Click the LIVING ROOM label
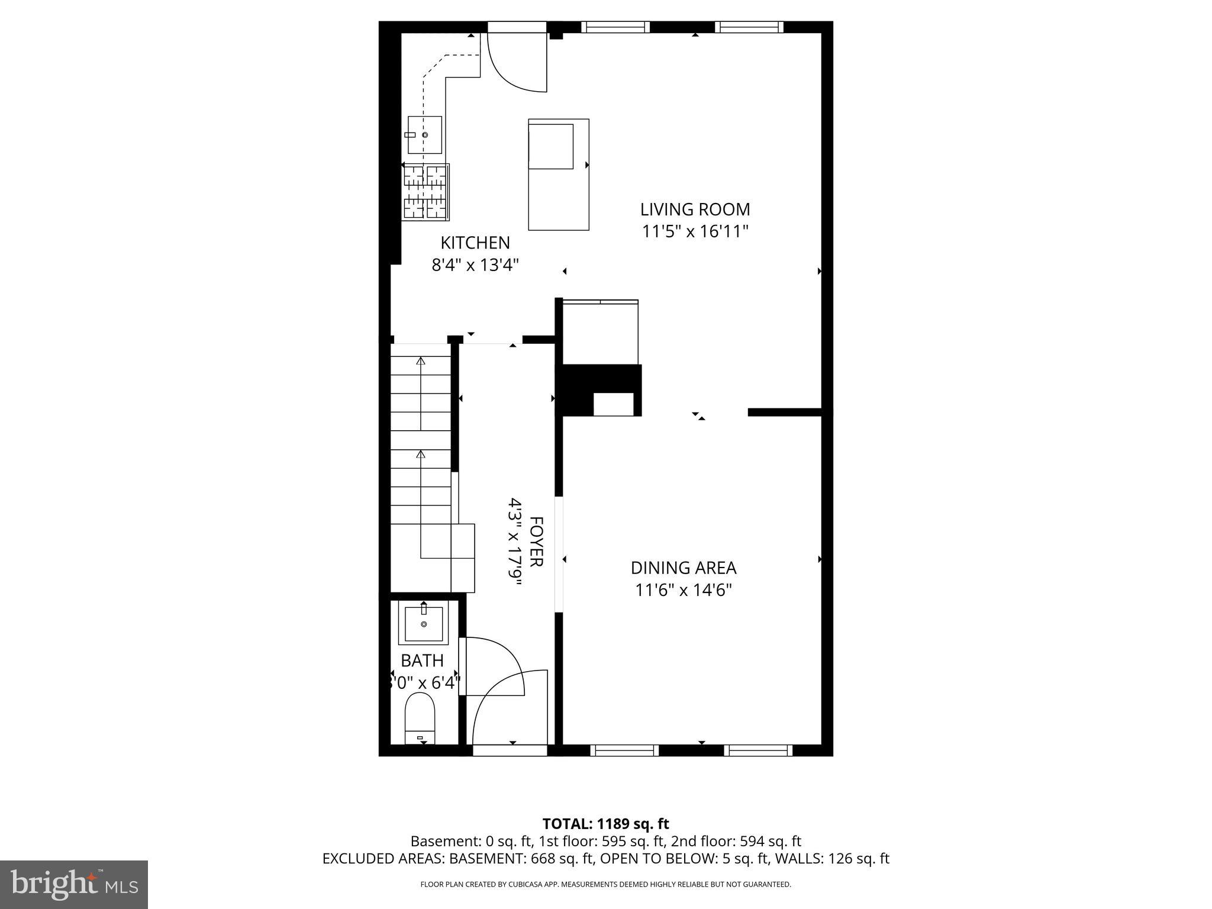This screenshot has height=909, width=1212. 695,209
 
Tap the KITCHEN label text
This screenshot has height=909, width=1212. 475,243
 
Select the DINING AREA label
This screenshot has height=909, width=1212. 683,568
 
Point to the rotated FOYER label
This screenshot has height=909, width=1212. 535,541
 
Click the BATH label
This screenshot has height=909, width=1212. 422,660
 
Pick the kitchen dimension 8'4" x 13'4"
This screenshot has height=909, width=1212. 475,265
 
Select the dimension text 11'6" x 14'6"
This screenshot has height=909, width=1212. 683,590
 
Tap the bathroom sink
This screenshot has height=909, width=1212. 423,624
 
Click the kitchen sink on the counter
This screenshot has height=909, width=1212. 424,135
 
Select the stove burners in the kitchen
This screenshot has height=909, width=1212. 425,192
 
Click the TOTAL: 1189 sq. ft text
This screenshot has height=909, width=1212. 605,824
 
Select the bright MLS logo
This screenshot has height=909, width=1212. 73,884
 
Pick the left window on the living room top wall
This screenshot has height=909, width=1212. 615,27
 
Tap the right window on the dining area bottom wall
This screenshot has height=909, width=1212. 758,750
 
